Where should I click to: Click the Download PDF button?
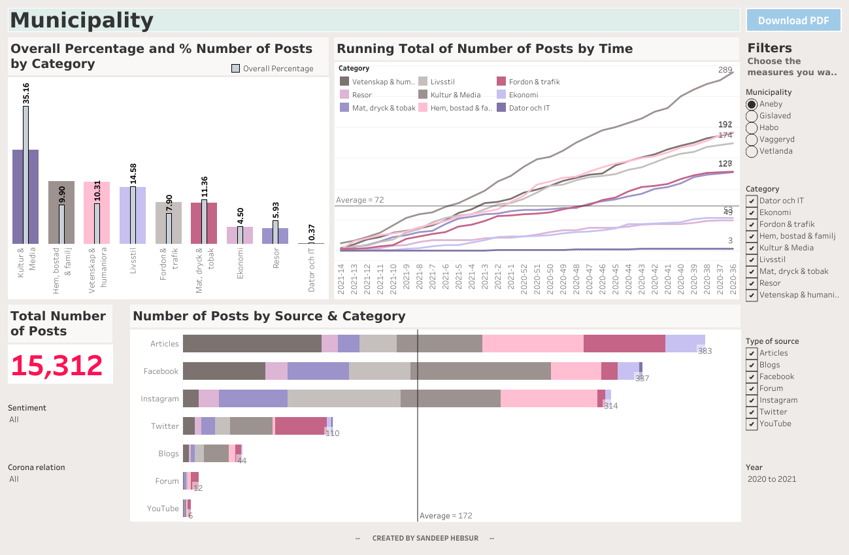793,20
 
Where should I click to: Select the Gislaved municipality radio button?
752,116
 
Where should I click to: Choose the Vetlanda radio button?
752,151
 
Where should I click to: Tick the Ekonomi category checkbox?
752,212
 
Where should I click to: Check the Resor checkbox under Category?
752,283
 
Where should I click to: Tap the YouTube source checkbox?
752,424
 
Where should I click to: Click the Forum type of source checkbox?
752,388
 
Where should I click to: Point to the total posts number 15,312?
57,365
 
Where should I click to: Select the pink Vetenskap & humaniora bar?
88,212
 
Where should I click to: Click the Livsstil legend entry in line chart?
423,82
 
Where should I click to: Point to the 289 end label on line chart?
725,70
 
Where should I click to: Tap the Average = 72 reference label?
359,200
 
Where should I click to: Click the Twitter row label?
165,426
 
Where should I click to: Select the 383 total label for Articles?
705,351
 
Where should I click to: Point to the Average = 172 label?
446,516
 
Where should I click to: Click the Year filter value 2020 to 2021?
772,479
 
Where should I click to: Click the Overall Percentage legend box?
236,69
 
